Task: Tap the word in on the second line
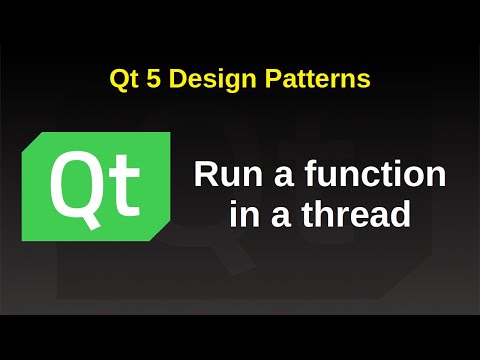(243, 213)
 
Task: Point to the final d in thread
(401, 213)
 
